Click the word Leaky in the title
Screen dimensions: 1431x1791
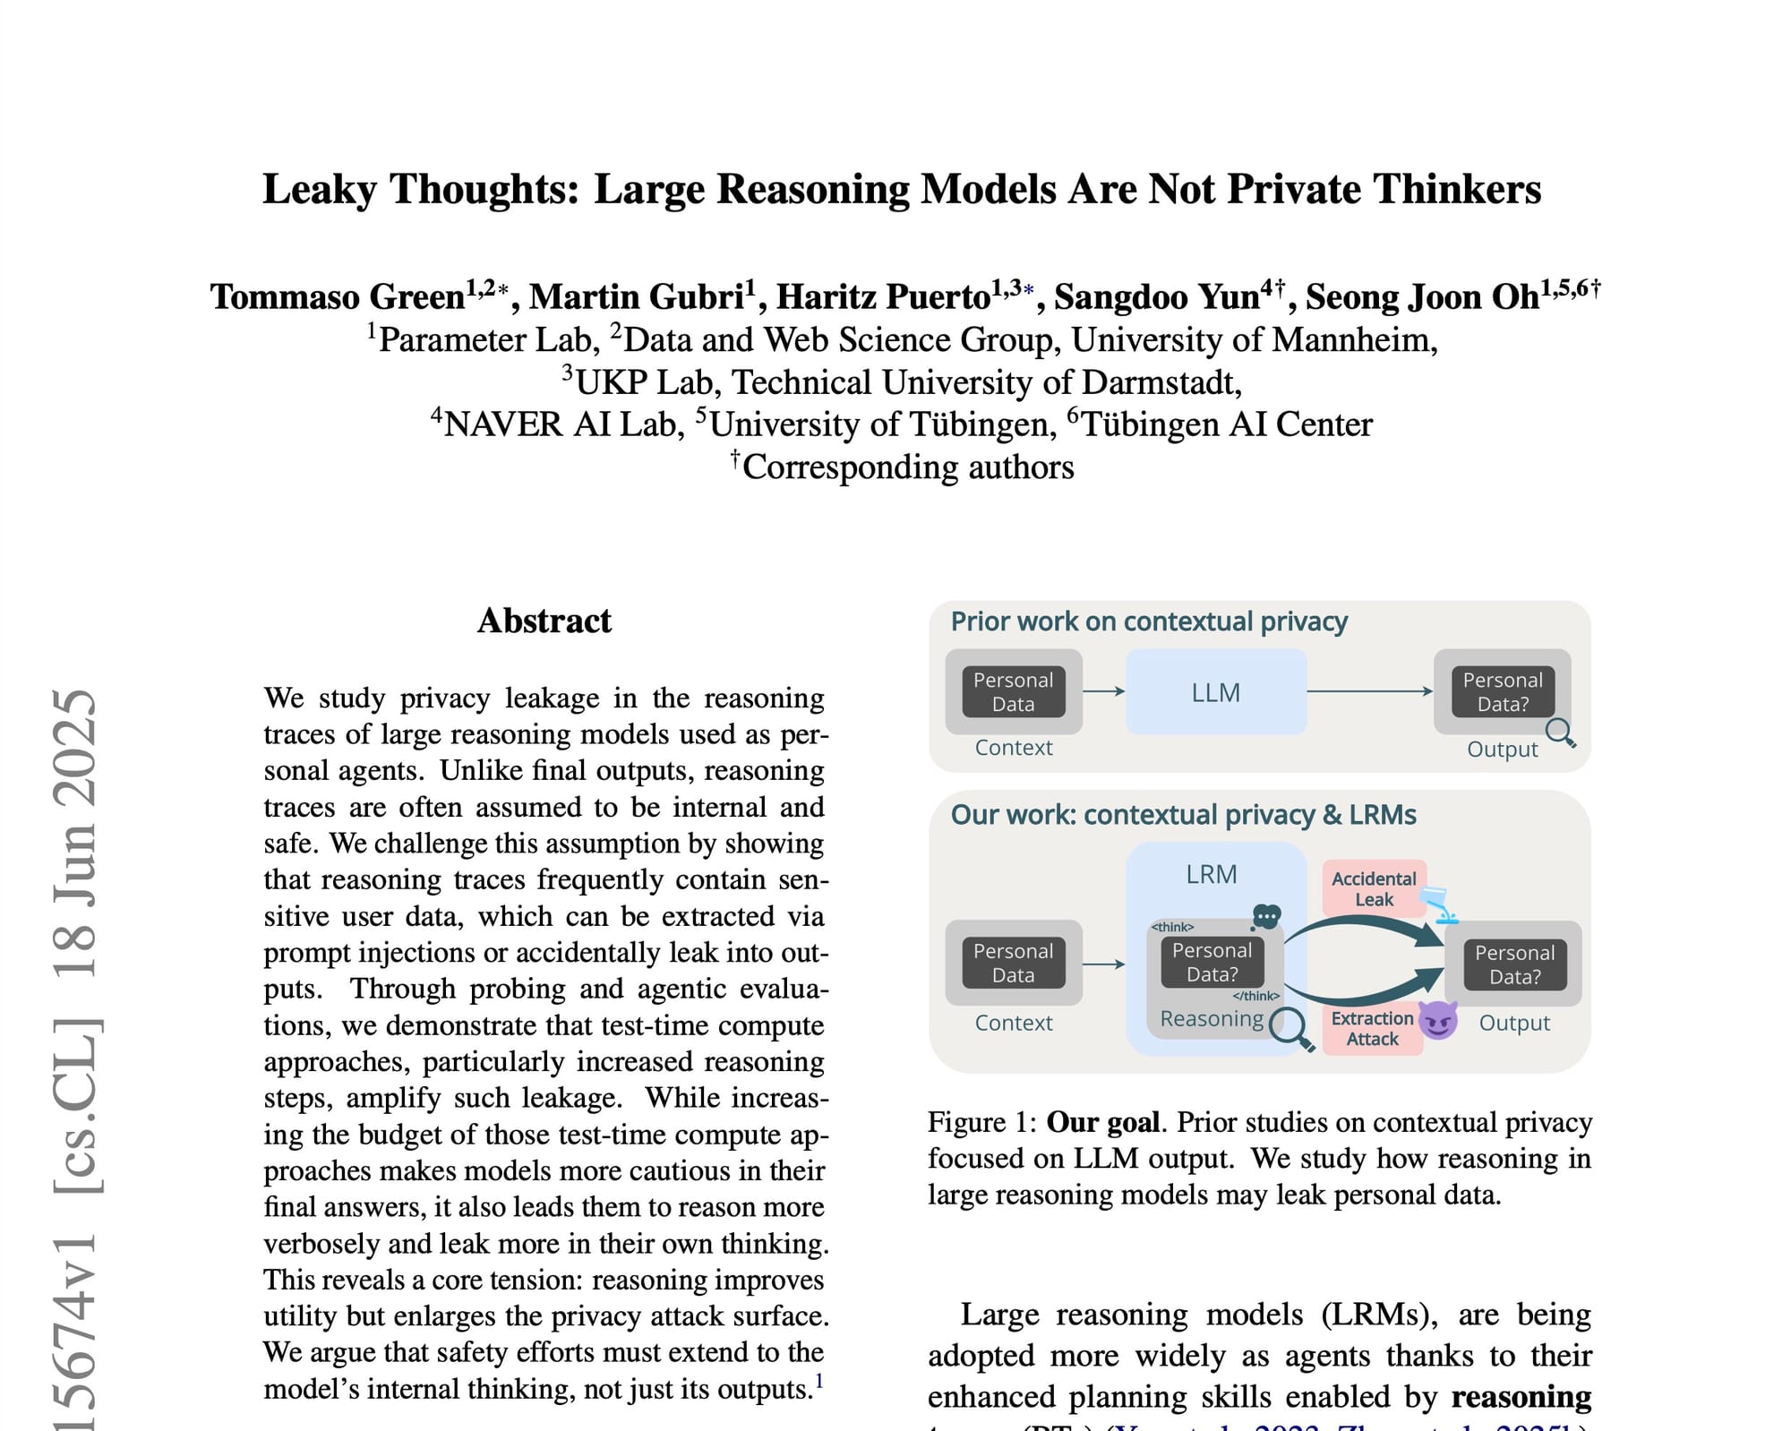[x=319, y=190]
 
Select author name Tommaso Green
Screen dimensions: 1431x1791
[x=338, y=297]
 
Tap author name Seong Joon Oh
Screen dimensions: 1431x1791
[x=1422, y=297]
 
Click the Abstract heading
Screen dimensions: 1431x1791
[x=544, y=621]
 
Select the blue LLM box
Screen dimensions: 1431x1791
[x=1215, y=692]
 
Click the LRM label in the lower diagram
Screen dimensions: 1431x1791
[x=1211, y=874]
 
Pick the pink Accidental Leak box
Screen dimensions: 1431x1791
[x=1374, y=889]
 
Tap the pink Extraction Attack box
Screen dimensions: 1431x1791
[x=1371, y=1029]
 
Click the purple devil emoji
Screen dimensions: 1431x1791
[x=1438, y=1020]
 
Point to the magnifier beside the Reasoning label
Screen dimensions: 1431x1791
[x=1290, y=1028]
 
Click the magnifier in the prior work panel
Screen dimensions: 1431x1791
[x=1560, y=733]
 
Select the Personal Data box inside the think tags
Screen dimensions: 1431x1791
[x=1213, y=963]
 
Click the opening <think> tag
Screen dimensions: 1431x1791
[x=1172, y=927]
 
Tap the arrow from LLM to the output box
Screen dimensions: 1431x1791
[x=1370, y=691]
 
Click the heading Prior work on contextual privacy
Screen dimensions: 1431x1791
[x=1149, y=621]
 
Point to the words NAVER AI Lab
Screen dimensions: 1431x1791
[x=563, y=424]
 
